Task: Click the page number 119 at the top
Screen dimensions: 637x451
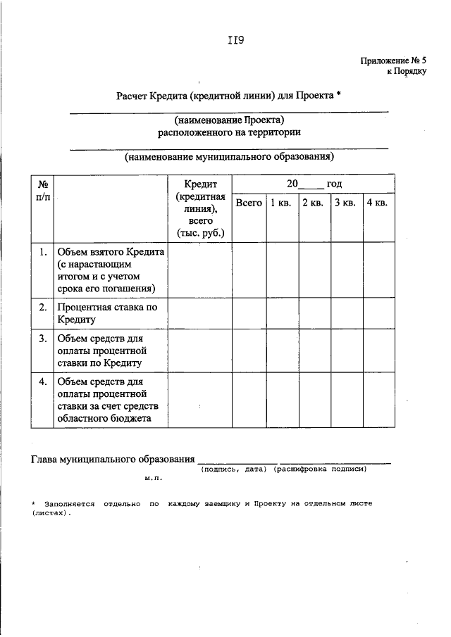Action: (235, 40)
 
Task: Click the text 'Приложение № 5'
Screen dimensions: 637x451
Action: (393, 61)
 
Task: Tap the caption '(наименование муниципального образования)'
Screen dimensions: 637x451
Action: (229, 157)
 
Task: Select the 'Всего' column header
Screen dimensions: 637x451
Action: (249, 203)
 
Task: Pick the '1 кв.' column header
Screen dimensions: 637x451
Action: (280, 203)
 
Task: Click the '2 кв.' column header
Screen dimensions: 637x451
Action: (313, 203)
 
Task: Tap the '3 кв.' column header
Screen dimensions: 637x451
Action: (345, 203)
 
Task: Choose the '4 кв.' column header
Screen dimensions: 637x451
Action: (377, 203)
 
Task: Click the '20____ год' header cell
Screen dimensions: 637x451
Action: (314, 184)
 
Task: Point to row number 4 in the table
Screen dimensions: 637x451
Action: (43, 381)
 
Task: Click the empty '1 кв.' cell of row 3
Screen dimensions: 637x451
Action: (280, 350)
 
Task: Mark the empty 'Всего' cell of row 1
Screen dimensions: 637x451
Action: (249, 270)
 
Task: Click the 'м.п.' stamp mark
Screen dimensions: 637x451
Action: (154, 478)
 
